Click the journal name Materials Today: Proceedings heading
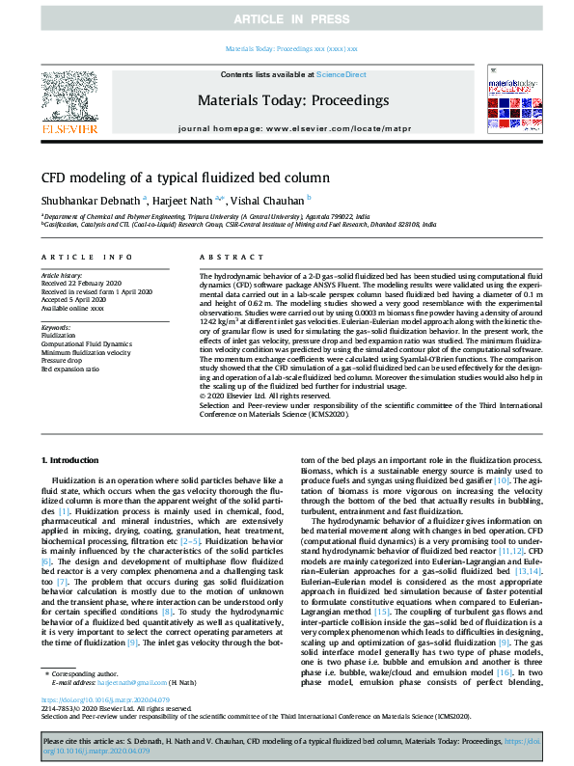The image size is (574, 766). point(292,100)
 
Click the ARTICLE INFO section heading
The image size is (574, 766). point(87,257)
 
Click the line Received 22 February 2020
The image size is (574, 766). point(81,283)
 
